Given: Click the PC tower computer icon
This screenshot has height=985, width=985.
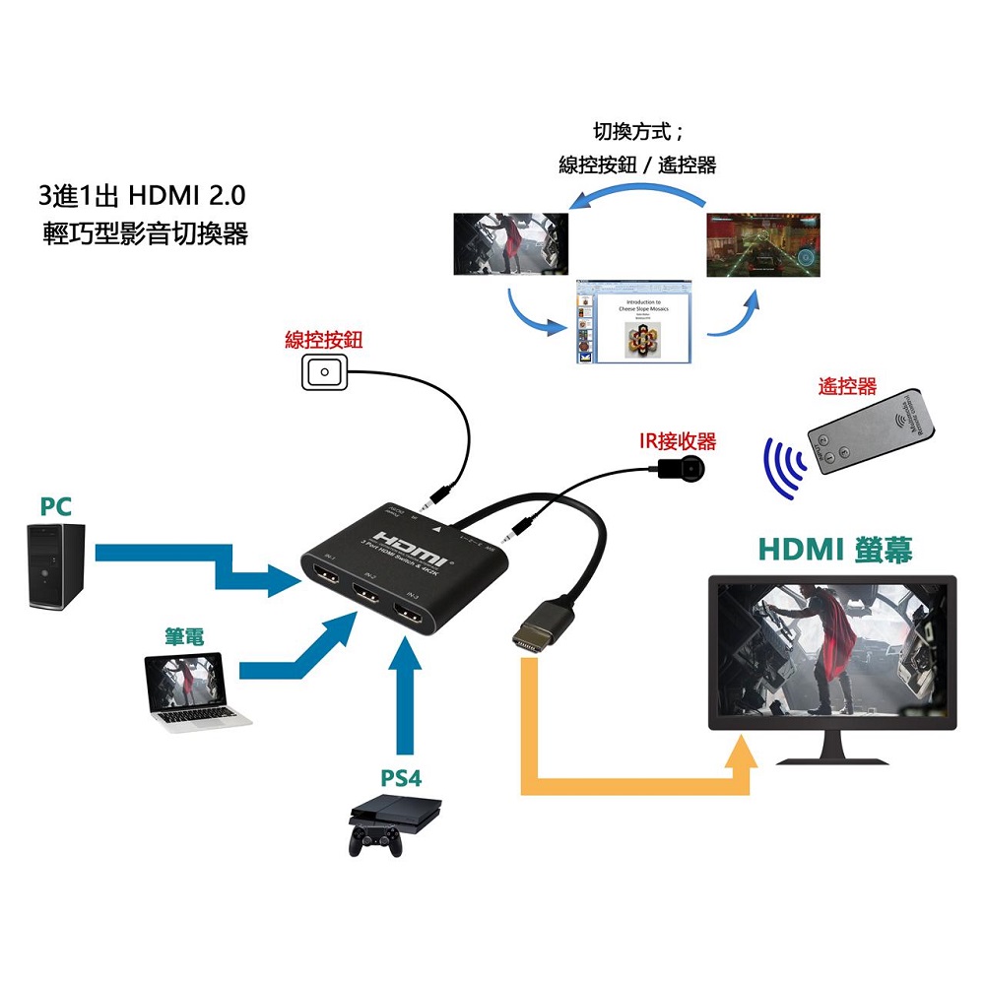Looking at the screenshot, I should (55, 565).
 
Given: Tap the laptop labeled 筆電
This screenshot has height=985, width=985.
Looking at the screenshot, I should (191, 689).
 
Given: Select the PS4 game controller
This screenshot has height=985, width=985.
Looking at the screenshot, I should (374, 840).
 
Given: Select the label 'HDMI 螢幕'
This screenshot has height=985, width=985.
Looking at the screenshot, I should (836, 550).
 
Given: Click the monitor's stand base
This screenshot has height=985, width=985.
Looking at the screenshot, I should (832, 757).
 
